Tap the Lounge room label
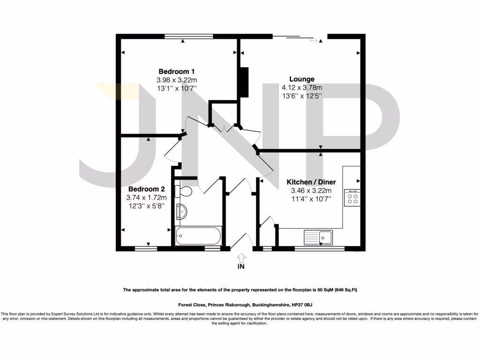(x=301, y=79)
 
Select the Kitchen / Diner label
(x=311, y=182)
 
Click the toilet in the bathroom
(x=183, y=192)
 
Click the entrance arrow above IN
(x=241, y=257)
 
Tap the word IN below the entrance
(x=241, y=267)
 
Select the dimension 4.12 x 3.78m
(x=301, y=88)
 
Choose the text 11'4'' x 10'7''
(x=311, y=199)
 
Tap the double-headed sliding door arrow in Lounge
(x=313, y=41)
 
